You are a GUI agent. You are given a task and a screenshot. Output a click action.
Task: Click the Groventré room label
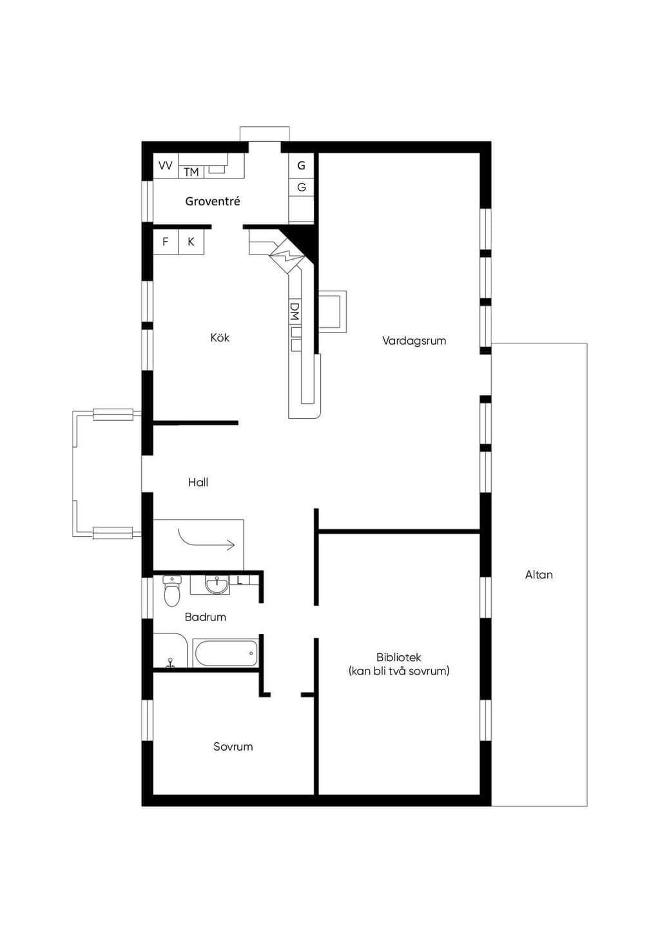(213, 202)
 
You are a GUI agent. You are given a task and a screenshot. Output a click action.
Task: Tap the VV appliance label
(166, 166)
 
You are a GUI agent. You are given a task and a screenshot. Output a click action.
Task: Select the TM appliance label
(191, 172)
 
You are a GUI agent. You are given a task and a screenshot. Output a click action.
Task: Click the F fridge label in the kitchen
(166, 242)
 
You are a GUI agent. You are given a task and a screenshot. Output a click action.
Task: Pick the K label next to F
(191, 242)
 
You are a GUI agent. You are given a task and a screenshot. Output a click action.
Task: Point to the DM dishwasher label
(295, 312)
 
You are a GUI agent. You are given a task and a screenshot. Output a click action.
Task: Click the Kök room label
(220, 338)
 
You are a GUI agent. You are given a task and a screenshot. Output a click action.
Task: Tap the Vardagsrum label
(414, 341)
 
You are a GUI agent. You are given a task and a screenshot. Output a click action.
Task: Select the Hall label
(198, 483)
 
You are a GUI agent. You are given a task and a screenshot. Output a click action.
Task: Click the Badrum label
(206, 617)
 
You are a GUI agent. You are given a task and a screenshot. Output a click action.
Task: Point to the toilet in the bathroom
(171, 592)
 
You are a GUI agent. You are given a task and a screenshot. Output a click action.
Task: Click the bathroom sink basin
(217, 584)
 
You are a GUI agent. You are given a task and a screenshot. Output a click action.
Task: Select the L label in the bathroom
(240, 580)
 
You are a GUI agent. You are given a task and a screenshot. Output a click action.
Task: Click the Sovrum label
(233, 746)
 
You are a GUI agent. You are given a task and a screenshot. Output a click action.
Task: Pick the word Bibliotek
(399, 657)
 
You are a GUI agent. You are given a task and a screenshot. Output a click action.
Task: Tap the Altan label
(539, 575)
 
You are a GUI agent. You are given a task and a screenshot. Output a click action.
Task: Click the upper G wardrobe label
(301, 166)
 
